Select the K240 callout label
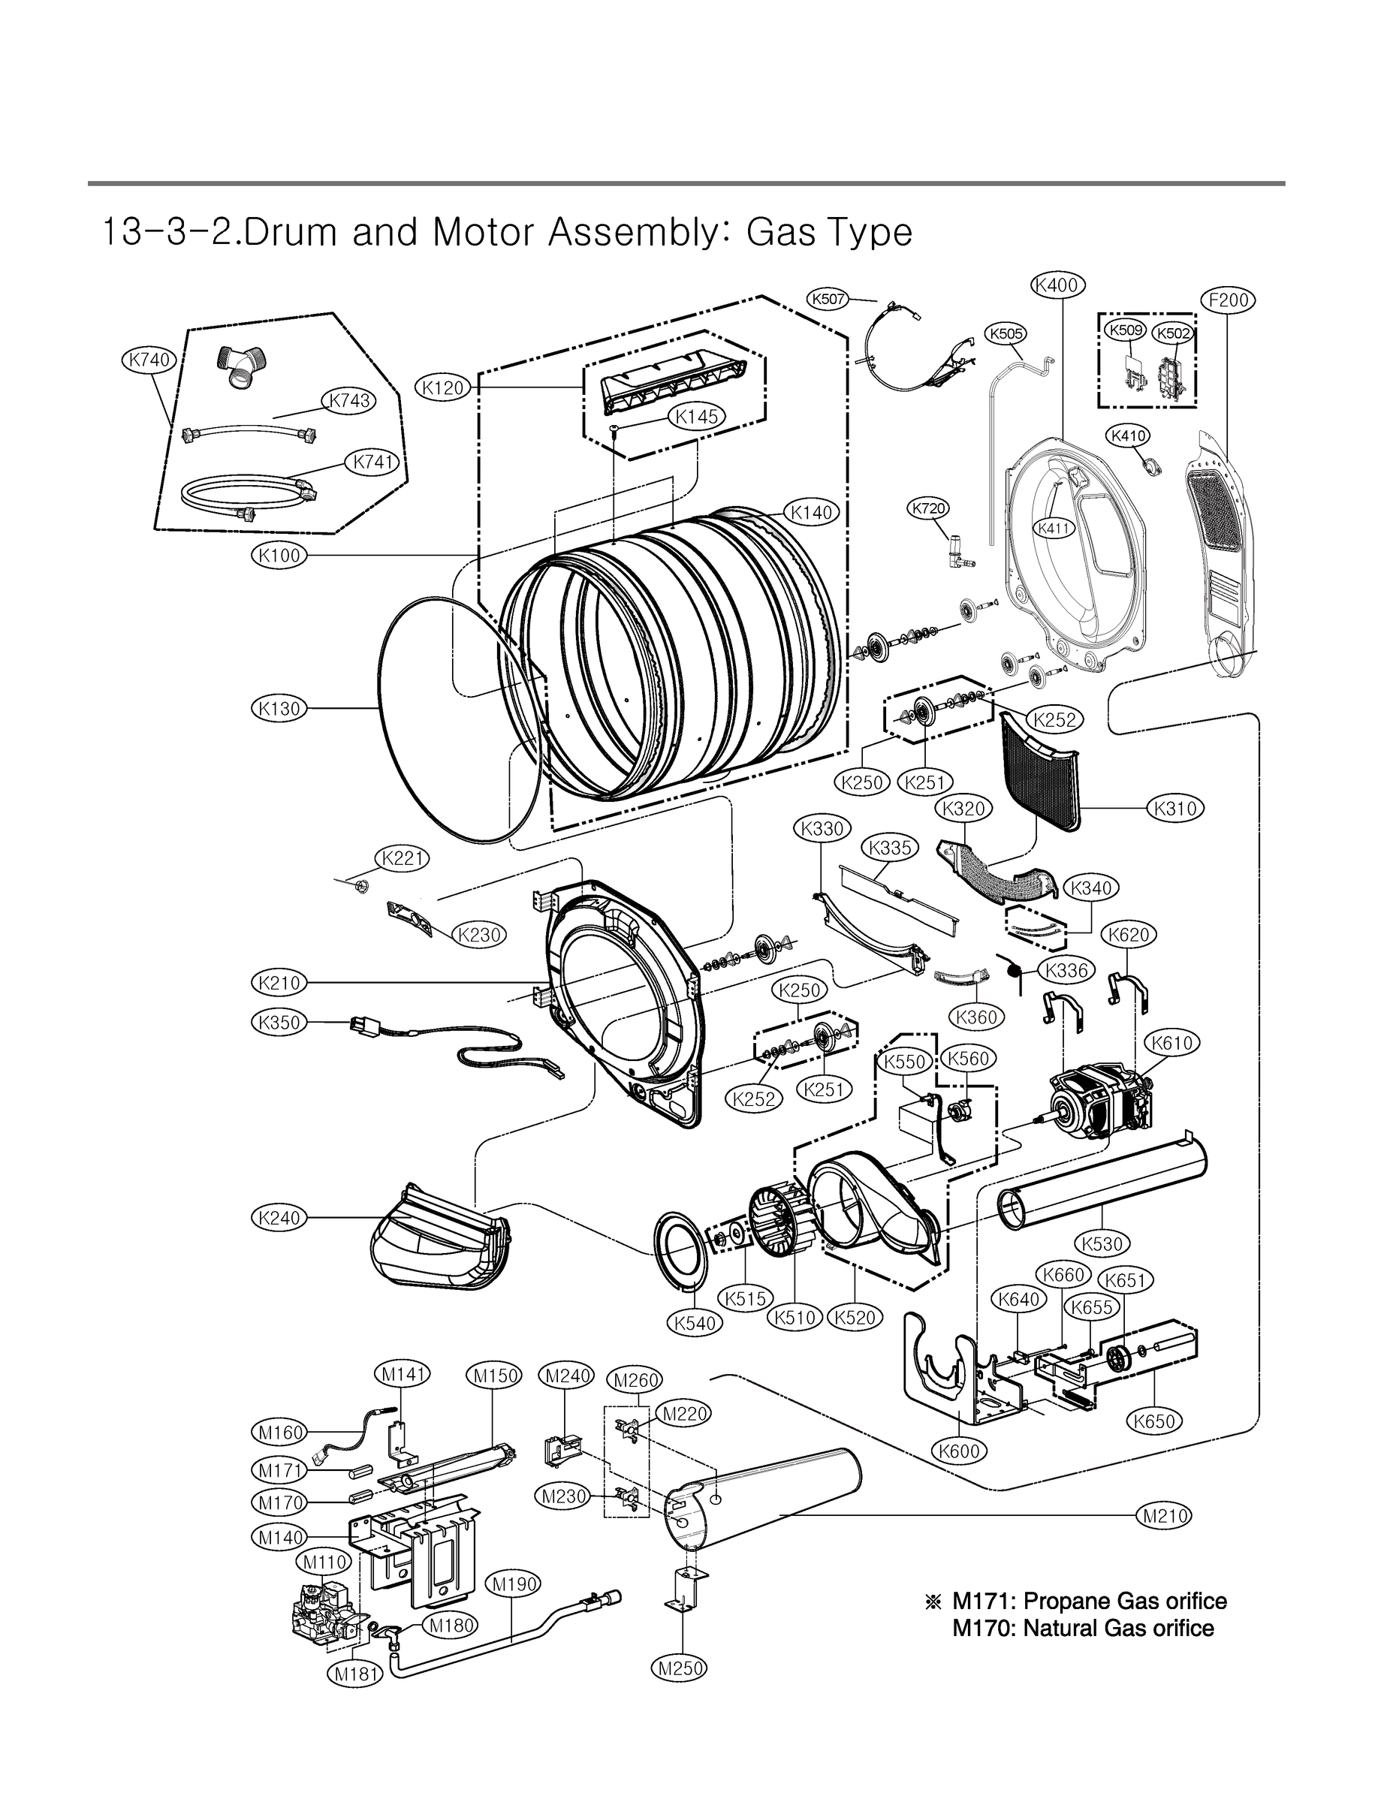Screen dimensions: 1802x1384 coord(279,1217)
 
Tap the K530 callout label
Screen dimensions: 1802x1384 coord(1102,1243)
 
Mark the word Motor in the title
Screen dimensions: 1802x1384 coord(483,232)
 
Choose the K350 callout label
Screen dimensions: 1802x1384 coord(279,1023)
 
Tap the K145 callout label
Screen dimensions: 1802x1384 coord(697,417)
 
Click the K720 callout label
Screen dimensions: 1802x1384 coord(928,508)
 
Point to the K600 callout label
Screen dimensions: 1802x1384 coord(960,1451)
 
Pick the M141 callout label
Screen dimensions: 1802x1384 coord(403,1375)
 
